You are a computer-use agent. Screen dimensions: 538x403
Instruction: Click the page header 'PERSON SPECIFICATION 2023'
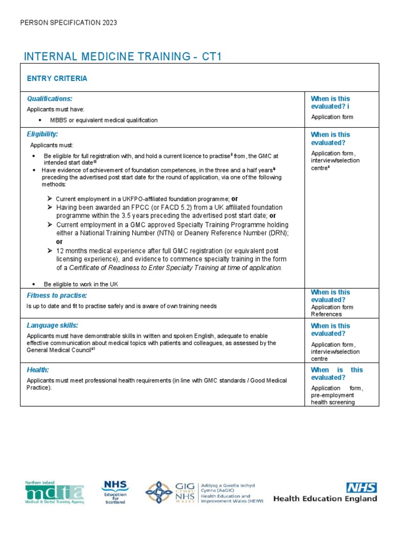pos(68,23)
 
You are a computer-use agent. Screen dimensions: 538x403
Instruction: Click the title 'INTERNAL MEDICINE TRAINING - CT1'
pos(125,57)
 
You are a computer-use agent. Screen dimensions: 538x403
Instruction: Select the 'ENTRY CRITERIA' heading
pos(57,79)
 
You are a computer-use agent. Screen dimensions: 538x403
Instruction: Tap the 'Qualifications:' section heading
pos(50,99)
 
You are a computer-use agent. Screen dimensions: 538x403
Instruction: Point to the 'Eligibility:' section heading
pos(43,134)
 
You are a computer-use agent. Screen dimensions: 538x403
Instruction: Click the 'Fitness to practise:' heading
pos(57,296)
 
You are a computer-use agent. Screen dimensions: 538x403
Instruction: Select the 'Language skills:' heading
pos(52,326)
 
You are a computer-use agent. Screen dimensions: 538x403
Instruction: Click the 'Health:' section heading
pos(38,370)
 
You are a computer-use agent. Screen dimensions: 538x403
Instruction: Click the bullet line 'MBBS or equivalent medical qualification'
pos(103,120)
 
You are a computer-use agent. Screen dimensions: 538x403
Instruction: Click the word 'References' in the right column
pos(326,314)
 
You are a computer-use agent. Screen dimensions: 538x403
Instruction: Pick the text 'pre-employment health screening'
pos(333,399)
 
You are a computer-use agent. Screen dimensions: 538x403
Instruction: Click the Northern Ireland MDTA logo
pos(54,492)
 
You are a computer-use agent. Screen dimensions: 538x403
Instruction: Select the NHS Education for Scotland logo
pos(114,492)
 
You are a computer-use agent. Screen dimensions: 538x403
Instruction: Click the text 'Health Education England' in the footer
pos(325,499)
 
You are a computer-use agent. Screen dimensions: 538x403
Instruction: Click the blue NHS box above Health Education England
pos(361,488)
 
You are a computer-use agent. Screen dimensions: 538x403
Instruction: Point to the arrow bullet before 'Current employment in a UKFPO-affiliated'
pos(49,199)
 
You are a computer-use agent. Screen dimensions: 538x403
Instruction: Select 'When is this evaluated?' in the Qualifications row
pos(330,102)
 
